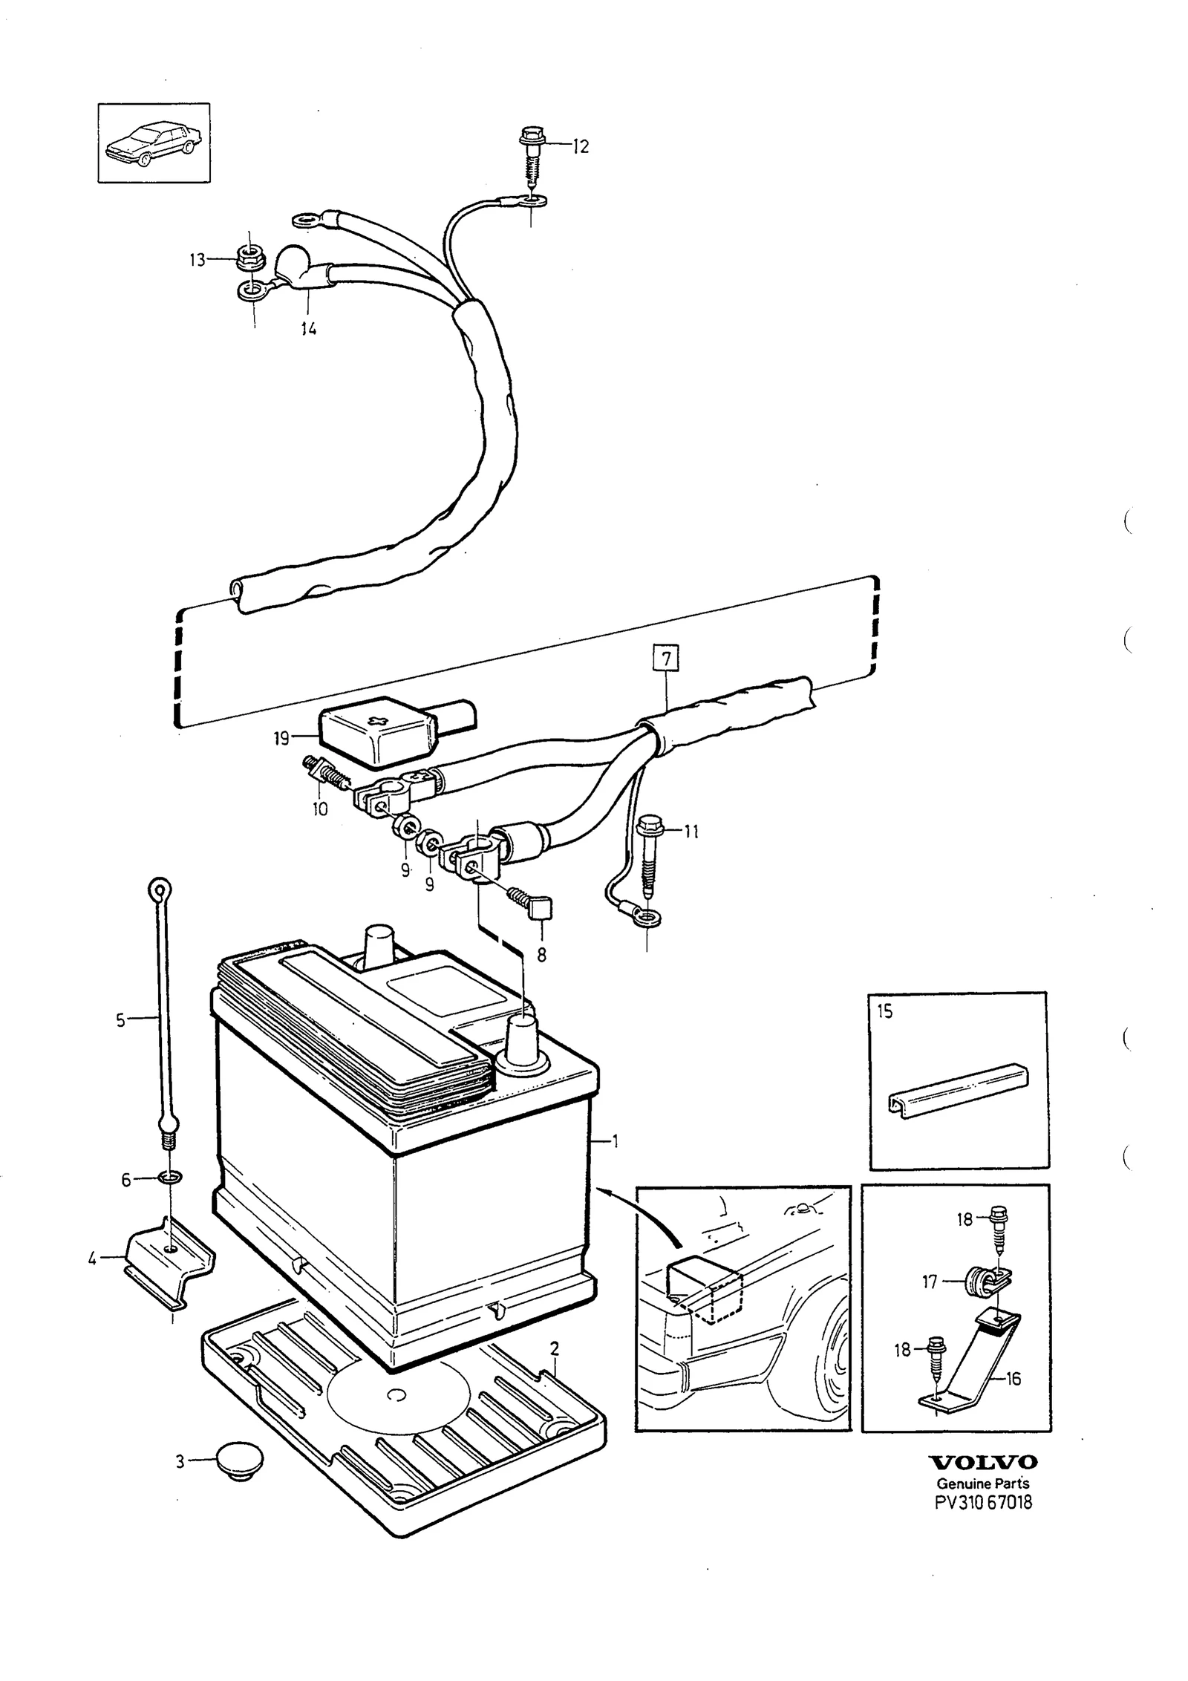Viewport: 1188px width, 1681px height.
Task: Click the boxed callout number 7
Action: click(666, 659)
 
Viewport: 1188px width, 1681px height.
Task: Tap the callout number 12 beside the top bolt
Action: click(580, 146)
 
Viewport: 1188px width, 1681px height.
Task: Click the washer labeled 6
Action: click(170, 1178)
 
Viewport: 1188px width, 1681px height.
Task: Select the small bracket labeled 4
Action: click(169, 1260)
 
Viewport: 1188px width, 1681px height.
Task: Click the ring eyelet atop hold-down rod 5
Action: click(160, 889)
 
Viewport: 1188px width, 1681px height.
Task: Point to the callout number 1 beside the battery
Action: click(615, 1140)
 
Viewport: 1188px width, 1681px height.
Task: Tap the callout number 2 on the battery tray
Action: click(555, 1348)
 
